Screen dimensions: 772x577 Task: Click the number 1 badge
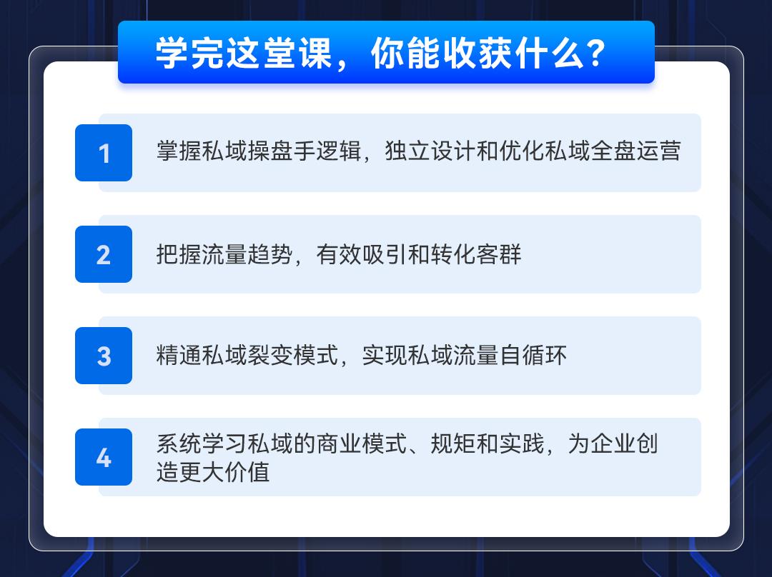(x=104, y=153)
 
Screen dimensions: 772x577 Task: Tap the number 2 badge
(x=104, y=254)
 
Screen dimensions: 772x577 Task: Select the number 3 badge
(x=104, y=356)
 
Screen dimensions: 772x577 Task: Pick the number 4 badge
(x=104, y=457)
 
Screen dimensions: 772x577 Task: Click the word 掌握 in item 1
(x=179, y=151)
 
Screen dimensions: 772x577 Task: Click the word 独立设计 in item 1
(x=430, y=151)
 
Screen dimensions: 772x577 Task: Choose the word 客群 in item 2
(x=499, y=254)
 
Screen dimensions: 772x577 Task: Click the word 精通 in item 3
(x=179, y=355)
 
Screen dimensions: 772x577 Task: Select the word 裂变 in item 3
(x=270, y=355)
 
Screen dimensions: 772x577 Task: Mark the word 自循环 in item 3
(x=533, y=355)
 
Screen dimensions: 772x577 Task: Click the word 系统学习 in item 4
(x=202, y=443)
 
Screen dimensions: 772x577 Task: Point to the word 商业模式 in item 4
(x=362, y=443)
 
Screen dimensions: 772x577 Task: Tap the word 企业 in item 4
(x=613, y=443)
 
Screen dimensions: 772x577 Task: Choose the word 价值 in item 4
(x=247, y=472)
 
